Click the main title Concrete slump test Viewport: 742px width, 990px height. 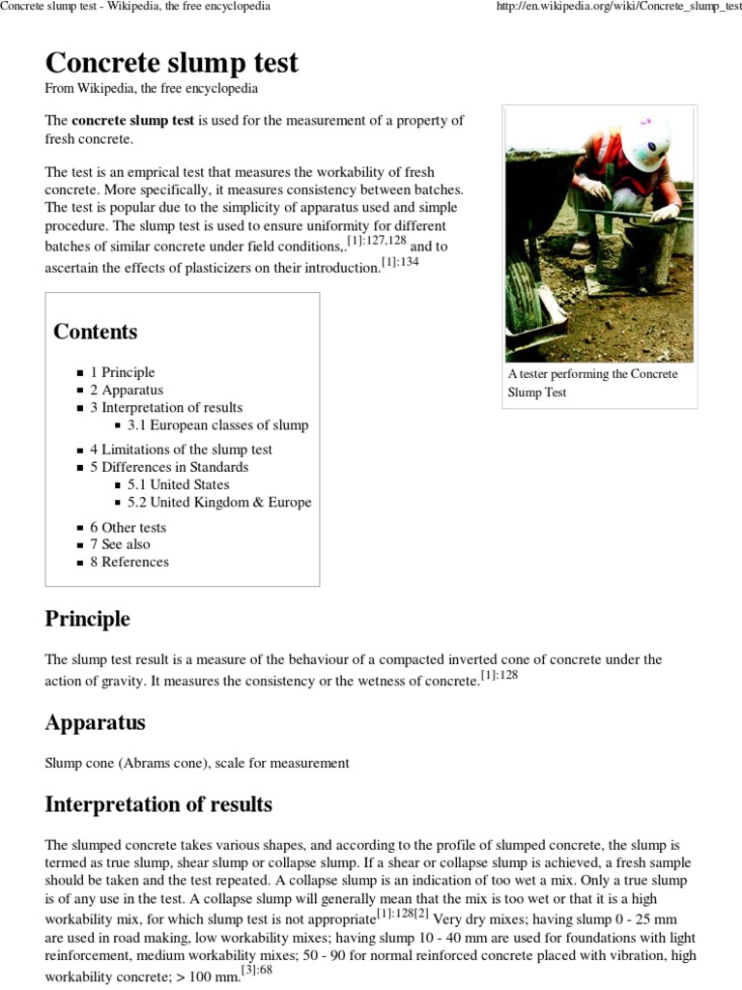tap(171, 63)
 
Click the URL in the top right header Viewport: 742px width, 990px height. tap(617, 7)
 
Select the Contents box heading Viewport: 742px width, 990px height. tap(96, 332)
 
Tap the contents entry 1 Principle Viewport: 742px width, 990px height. tap(123, 372)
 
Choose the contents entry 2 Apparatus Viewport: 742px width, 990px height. tap(127, 390)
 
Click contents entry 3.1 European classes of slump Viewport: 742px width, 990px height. tap(217, 424)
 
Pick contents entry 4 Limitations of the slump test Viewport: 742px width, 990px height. tap(181, 450)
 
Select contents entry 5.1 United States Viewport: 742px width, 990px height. tap(178, 484)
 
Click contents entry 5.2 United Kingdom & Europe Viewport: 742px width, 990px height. tap(219, 502)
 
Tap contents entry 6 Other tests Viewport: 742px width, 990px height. tap(128, 528)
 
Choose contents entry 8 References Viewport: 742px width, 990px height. tap(129, 562)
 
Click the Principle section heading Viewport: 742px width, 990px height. tap(88, 619)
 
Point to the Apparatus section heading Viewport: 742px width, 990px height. tap(96, 723)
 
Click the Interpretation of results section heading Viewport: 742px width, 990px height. tap(158, 804)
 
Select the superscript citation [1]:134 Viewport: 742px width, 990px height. tap(400, 263)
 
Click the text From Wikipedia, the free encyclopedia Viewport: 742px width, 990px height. tap(152, 88)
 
